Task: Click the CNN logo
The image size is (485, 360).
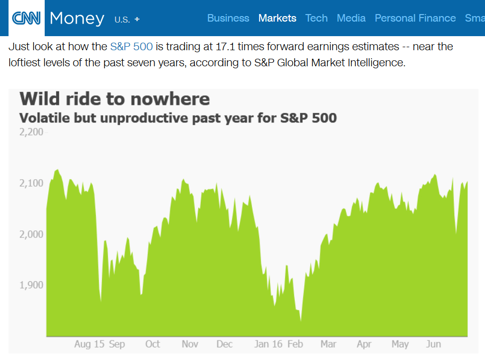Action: pyautogui.click(x=26, y=18)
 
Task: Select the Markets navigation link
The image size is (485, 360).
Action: pyautogui.click(x=277, y=18)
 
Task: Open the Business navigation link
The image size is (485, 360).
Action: pyautogui.click(x=228, y=18)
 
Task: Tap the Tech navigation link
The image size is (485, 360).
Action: pyautogui.click(x=316, y=18)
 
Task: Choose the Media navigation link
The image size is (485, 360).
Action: pyautogui.click(x=351, y=18)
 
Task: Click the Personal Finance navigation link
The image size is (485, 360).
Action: pyautogui.click(x=415, y=18)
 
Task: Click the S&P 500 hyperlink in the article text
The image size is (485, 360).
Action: pyautogui.click(x=132, y=47)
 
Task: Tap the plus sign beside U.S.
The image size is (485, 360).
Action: pyautogui.click(x=137, y=19)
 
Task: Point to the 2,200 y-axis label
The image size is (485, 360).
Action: pyautogui.click(x=31, y=132)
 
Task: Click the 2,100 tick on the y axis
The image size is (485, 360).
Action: pyautogui.click(x=31, y=183)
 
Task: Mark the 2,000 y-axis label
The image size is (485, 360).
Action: pyautogui.click(x=31, y=234)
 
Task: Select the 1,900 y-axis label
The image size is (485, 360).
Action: pyautogui.click(x=31, y=285)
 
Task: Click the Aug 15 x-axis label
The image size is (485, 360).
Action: pyautogui.click(x=89, y=344)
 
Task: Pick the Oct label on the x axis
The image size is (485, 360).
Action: pyautogui.click(x=153, y=344)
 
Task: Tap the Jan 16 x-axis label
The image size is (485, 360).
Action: pyautogui.click(x=269, y=344)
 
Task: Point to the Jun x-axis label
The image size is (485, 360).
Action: pyautogui.click(x=433, y=344)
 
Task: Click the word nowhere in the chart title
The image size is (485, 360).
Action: pyautogui.click(x=170, y=99)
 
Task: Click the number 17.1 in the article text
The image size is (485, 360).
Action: pyautogui.click(x=225, y=47)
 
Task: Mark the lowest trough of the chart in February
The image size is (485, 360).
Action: pyautogui.click(x=301, y=320)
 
